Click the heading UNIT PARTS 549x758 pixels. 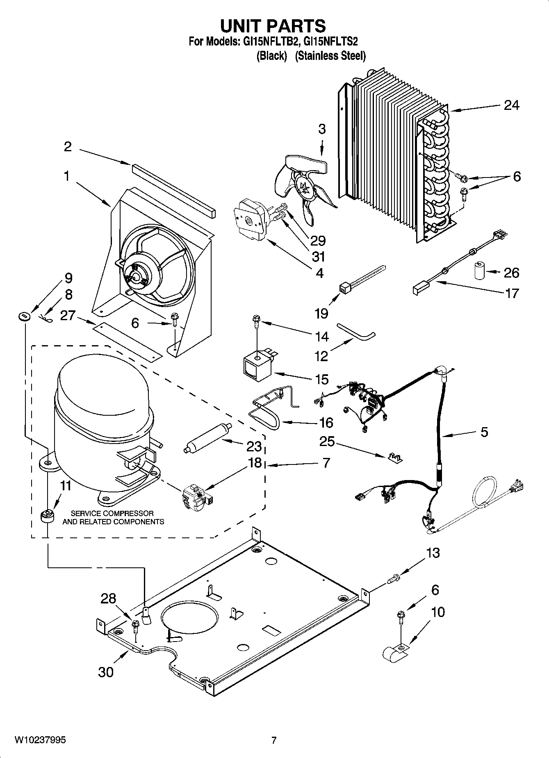click(273, 26)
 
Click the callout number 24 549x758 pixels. click(511, 105)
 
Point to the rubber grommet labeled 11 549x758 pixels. click(48, 516)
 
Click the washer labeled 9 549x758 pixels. click(25, 316)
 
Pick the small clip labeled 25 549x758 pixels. click(394, 457)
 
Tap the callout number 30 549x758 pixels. click(106, 672)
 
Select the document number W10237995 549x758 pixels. click(40, 740)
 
